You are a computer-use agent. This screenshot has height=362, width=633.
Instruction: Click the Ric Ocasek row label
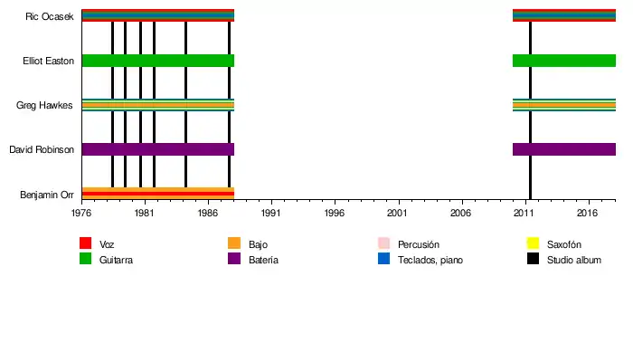click(50, 16)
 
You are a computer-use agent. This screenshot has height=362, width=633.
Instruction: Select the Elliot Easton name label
click(48, 61)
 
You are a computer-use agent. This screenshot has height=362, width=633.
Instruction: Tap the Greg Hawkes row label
click(45, 106)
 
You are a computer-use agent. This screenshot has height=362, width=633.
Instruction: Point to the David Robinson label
click(42, 149)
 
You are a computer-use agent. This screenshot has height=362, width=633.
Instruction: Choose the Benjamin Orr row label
click(47, 195)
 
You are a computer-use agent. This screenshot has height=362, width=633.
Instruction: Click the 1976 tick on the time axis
click(81, 214)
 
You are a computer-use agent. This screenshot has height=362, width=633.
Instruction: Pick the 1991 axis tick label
click(271, 214)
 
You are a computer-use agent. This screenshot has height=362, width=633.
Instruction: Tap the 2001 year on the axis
click(398, 214)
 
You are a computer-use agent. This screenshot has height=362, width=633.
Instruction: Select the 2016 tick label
click(588, 214)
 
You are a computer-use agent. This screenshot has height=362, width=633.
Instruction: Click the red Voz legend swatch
click(86, 243)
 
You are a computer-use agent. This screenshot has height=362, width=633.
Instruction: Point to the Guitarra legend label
click(118, 260)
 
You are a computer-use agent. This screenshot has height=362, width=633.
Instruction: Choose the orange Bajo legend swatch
click(234, 243)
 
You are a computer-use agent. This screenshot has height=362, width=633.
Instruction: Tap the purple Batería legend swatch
click(234, 259)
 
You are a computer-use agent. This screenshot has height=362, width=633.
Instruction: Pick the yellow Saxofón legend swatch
click(533, 243)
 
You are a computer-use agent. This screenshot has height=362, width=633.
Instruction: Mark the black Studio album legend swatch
click(533, 259)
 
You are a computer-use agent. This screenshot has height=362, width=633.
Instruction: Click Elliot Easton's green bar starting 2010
click(563, 61)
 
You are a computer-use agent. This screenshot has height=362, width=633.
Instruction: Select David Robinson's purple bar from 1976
click(157, 149)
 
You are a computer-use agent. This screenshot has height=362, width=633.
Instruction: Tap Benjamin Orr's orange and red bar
click(157, 193)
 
